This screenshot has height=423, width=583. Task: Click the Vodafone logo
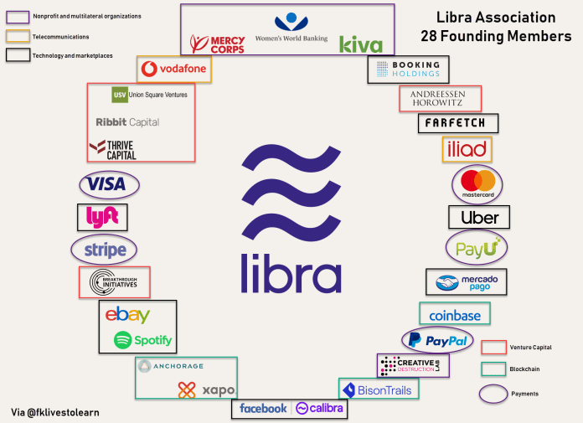(174, 69)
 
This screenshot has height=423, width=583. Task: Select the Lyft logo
(102, 218)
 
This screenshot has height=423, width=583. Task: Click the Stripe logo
(105, 250)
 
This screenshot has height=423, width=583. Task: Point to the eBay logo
(127, 315)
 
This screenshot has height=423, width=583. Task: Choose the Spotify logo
(143, 340)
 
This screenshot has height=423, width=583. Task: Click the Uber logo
(479, 218)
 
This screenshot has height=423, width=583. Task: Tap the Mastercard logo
(477, 183)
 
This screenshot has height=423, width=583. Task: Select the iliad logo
(467, 149)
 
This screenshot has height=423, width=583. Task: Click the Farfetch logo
(457, 123)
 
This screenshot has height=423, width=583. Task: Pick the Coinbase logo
(455, 315)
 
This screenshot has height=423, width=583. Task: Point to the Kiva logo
(361, 44)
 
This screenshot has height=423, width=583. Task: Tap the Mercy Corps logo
(217, 44)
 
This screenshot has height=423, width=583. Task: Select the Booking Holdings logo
(408, 69)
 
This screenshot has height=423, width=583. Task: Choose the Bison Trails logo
(379, 389)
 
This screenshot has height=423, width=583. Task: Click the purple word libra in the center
(291, 272)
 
